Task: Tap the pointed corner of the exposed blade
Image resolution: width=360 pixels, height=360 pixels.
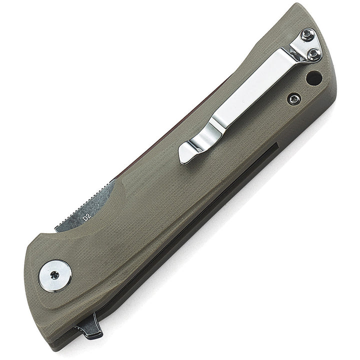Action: click(x=54, y=231)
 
